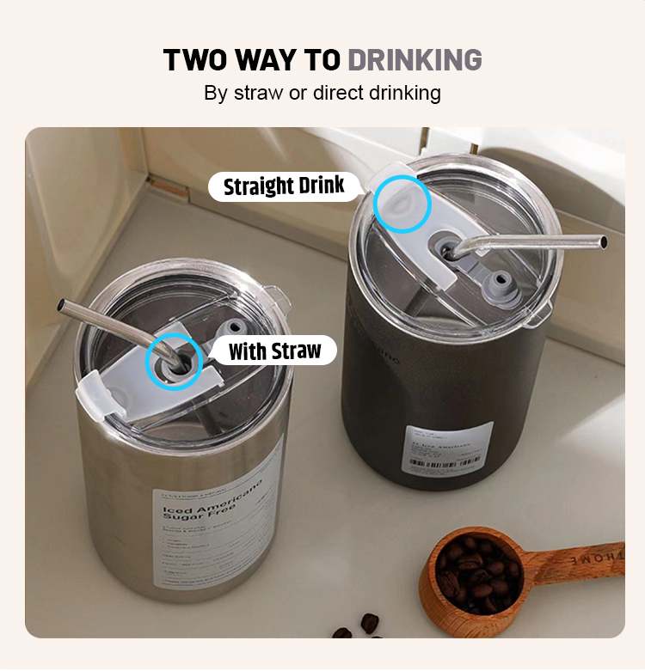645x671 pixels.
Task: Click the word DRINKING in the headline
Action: (x=415, y=60)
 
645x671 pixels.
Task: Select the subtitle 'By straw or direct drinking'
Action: (x=322, y=93)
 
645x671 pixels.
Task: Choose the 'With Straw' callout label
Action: (x=273, y=351)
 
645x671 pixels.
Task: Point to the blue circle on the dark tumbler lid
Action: (x=402, y=204)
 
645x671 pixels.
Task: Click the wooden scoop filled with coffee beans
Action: (x=469, y=570)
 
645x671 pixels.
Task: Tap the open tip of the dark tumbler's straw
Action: (x=603, y=241)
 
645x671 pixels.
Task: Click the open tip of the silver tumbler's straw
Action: (x=62, y=305)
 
